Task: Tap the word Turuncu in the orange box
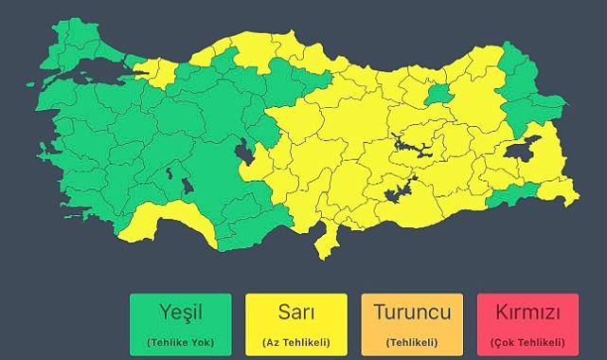pos(412,312)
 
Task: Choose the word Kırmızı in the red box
pos(527,312)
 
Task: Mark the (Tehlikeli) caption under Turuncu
pos(412,341)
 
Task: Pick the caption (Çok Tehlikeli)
pos(527,341)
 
